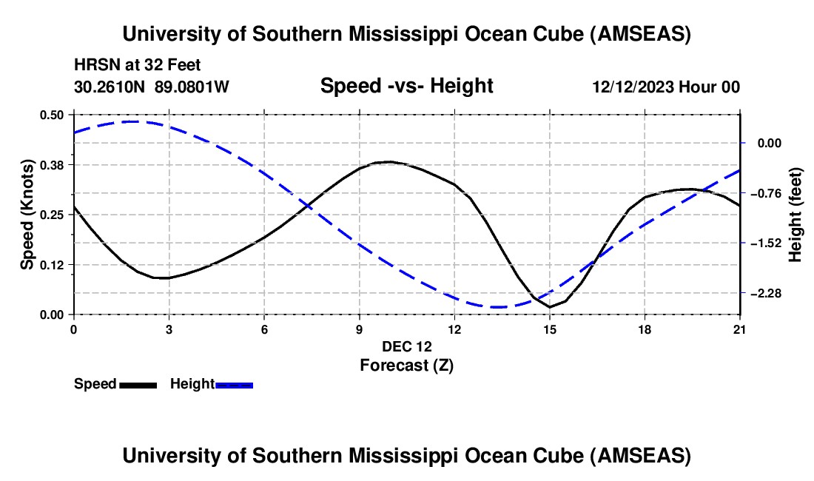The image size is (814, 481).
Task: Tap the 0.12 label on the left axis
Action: (x=52, y=264)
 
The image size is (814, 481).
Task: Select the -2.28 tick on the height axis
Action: (x=767, y=294)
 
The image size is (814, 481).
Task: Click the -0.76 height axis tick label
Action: (x=767, y=193)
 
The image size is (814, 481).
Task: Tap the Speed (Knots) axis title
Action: (x=27, y=214)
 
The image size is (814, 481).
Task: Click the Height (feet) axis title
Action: (x=796, y=214)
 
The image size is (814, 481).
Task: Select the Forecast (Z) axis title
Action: (x=406, y=365)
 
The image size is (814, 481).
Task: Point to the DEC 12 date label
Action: (x=406, y=346)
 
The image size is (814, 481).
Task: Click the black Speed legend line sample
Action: (x=138, y=385)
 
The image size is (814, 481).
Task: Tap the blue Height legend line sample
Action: (x=235, y=385)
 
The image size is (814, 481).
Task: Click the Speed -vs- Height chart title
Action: (x=406, y=87)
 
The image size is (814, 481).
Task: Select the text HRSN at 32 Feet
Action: (x=138, y=65)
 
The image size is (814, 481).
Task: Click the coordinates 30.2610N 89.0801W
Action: (x=152, y=87)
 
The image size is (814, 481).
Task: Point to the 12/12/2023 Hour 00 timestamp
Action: (x=666, y=87)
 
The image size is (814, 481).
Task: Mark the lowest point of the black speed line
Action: (x=550, y=306)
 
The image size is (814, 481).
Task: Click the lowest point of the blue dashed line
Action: (x=497, y=306)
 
